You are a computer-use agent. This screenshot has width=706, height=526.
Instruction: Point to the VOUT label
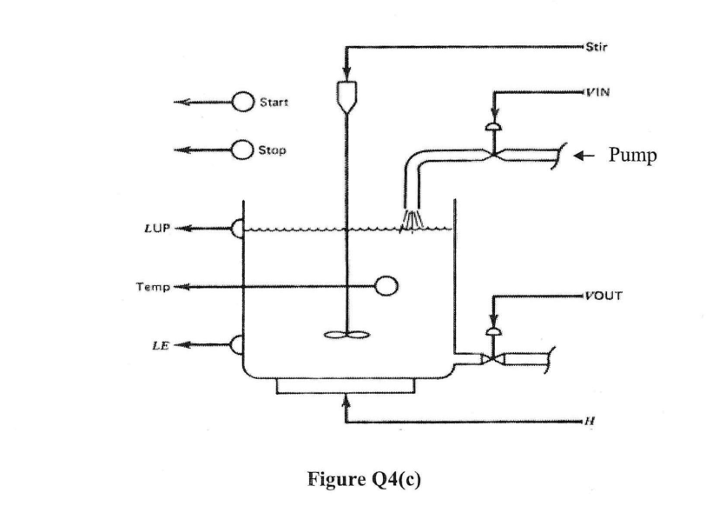[602, 295]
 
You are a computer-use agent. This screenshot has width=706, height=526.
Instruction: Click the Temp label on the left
[162, 285]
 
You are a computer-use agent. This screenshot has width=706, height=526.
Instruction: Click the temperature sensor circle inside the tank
[386, 285]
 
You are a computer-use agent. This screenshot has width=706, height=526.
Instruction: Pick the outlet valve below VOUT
[493, 356]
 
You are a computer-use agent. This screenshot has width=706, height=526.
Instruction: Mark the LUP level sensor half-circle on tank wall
[235, 229]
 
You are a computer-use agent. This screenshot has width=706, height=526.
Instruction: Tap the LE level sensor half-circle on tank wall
[235, 344]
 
